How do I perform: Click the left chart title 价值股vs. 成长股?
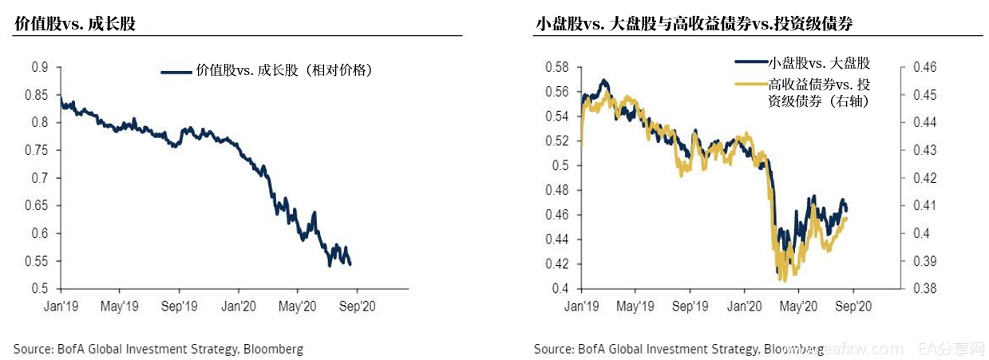[75, 24]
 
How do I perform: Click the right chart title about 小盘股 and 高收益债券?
[694, 24]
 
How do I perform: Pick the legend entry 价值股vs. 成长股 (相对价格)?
[284, 70]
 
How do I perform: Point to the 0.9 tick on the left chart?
[40, 67]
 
